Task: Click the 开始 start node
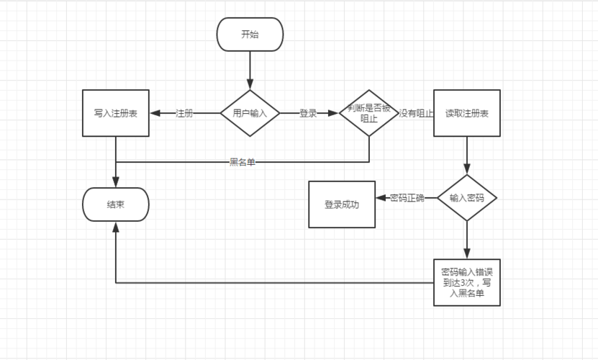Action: [250, 35]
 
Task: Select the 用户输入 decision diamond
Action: [250, 113]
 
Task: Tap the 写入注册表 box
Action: [116, 113]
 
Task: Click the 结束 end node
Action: [116, 204]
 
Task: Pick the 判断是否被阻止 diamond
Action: [369, 113]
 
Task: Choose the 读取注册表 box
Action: [467, 113]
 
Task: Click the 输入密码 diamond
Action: [467, 197]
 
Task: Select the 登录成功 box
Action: [342, 204]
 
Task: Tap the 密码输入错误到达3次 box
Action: [467, 282]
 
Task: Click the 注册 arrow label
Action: [184, 113]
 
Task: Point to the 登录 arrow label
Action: [308, 113]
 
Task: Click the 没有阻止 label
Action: [416, 113]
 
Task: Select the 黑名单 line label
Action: [243, 162]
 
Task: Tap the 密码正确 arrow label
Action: [407, 197]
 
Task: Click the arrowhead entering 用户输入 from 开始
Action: [250, 84]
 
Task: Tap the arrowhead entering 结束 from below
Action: [116, 226]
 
